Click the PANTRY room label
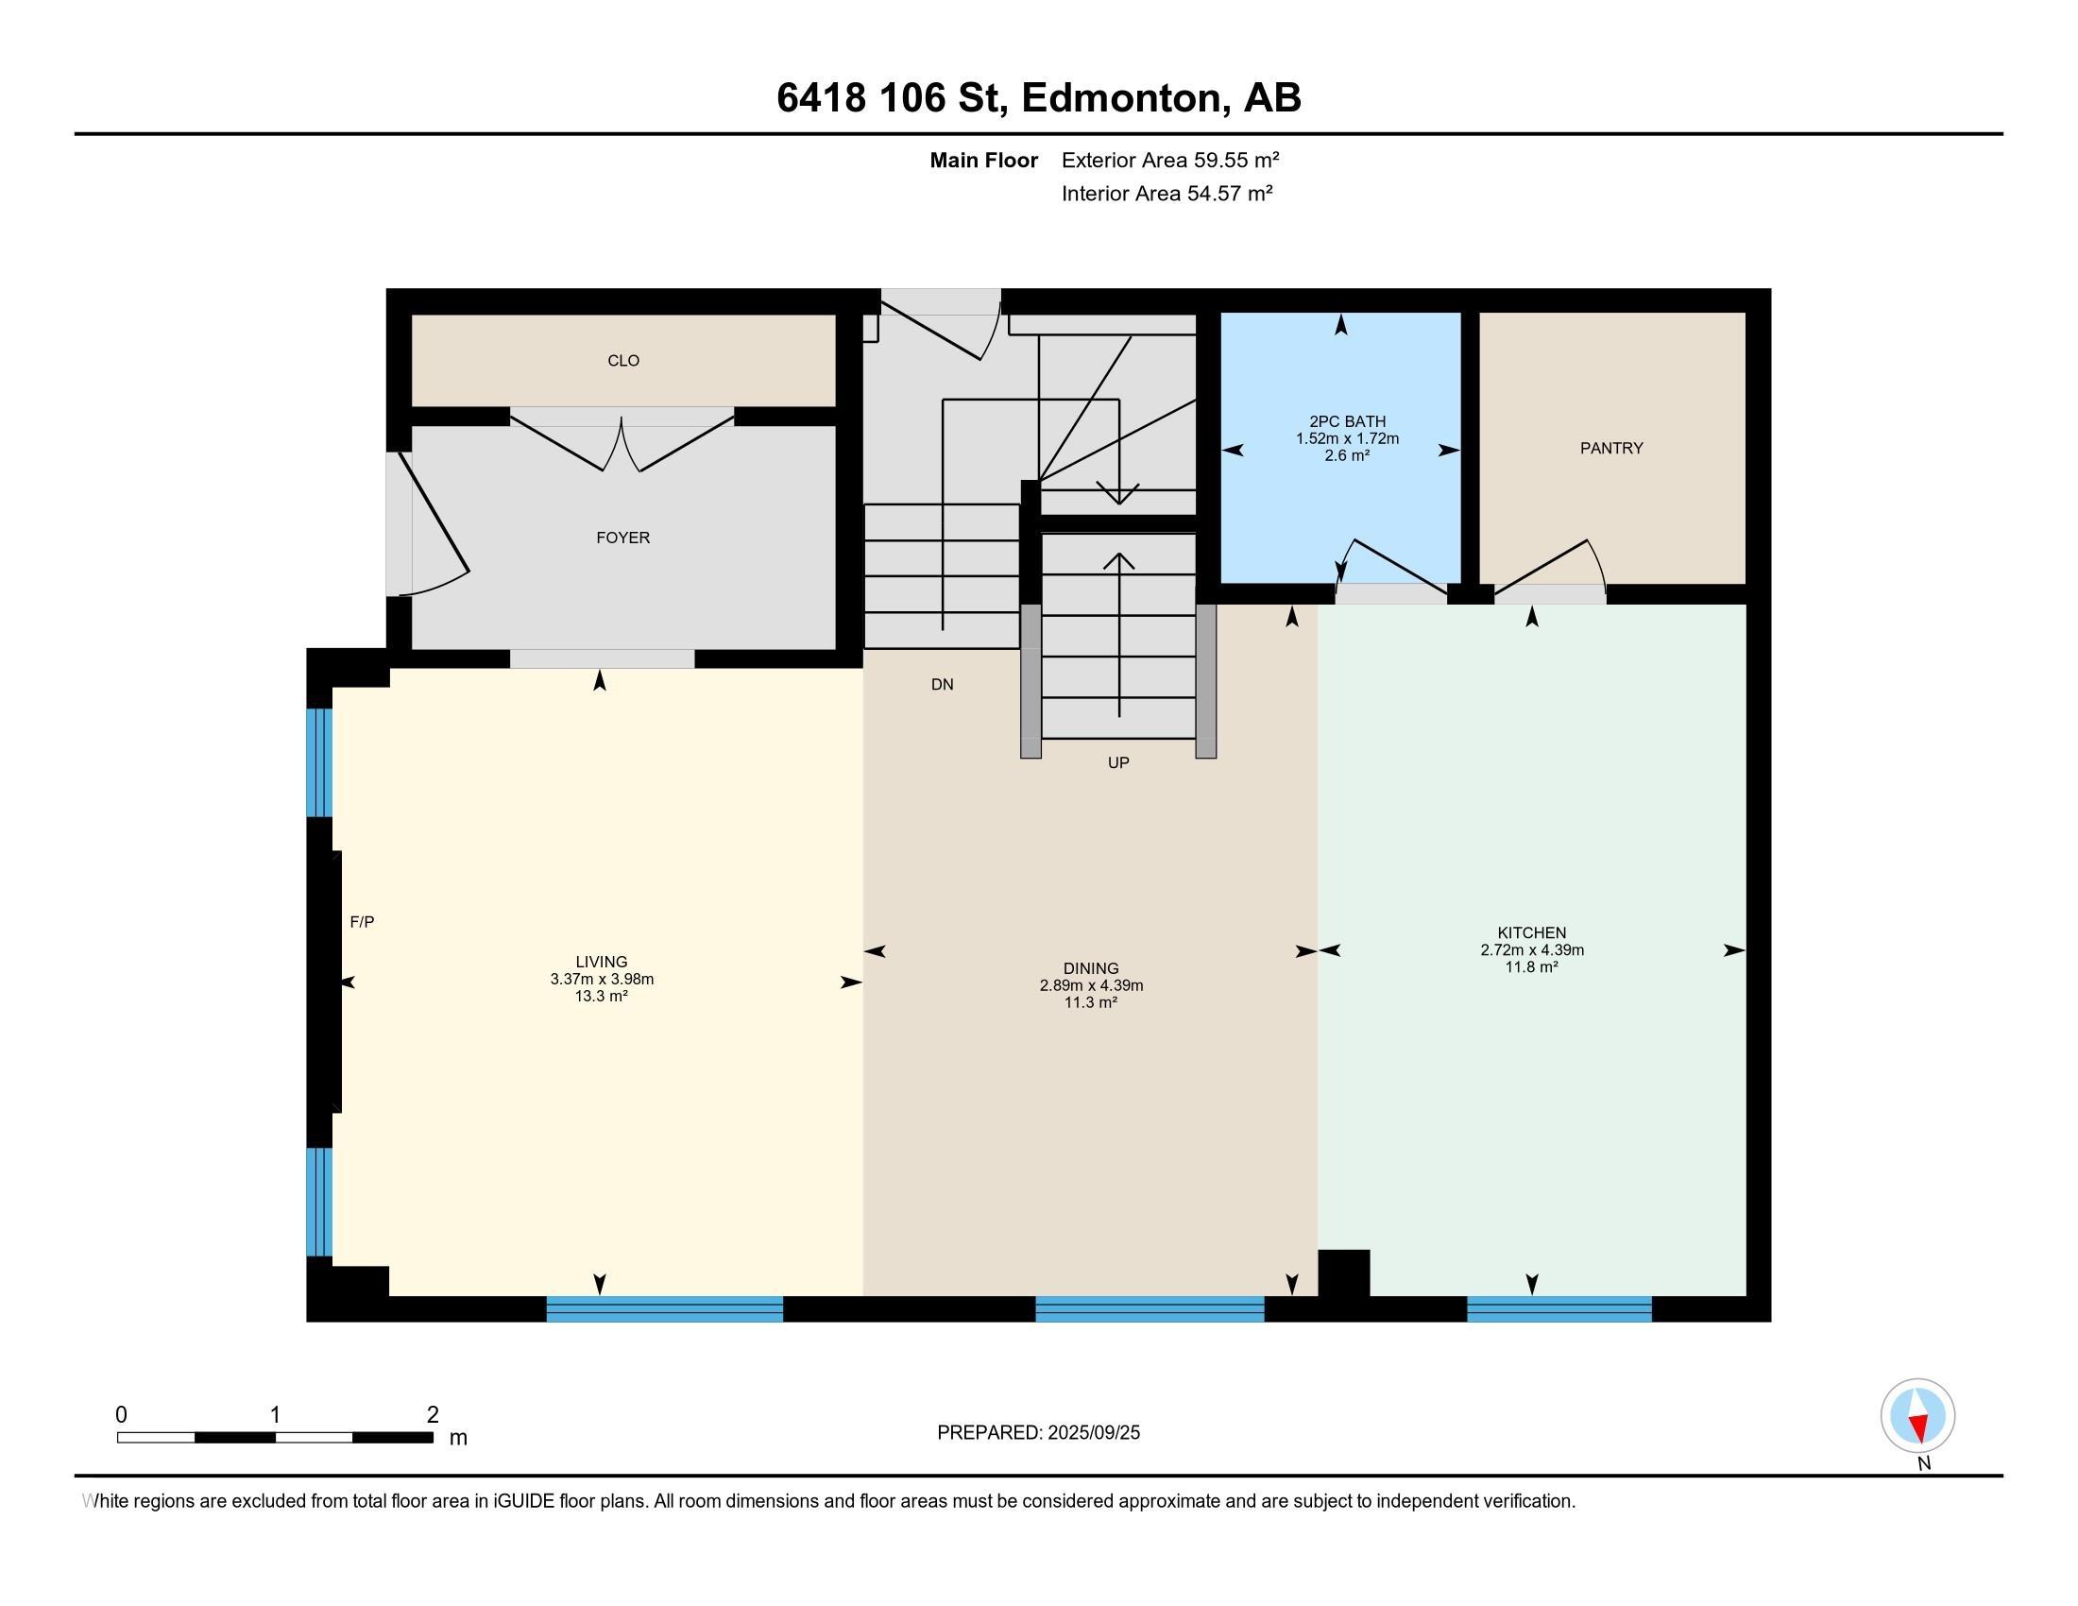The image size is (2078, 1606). (x=1610, y=448)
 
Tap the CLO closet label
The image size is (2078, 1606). (x=623, y=361)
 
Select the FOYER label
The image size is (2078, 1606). (x=623, y=538)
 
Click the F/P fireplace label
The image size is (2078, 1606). (x=362, y=922)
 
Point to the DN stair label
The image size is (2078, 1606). (x=942, y=684)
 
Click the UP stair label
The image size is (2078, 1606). (x=1118, y=762)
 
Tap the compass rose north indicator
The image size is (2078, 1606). (x=1918, y=1416)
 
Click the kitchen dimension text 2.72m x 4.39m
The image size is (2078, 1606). (x=1532, y=949)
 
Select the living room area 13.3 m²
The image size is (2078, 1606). (x=602, y=996)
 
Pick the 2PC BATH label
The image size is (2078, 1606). (x=1347, y=421)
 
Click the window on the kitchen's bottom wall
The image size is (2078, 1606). (x=1559, y=1309)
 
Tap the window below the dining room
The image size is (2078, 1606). (x=1150, y=1309)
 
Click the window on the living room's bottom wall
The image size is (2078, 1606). (x=664, y=1309)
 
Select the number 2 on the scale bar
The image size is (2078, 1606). (x=432, y=1415)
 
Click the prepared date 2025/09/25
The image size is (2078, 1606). (x=1093, y=1433)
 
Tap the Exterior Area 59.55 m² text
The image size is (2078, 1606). (x=1170, y=160)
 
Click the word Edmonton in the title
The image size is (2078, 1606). (x=1123, y=98)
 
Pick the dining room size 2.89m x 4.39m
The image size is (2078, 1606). (x=1091, y=985)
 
